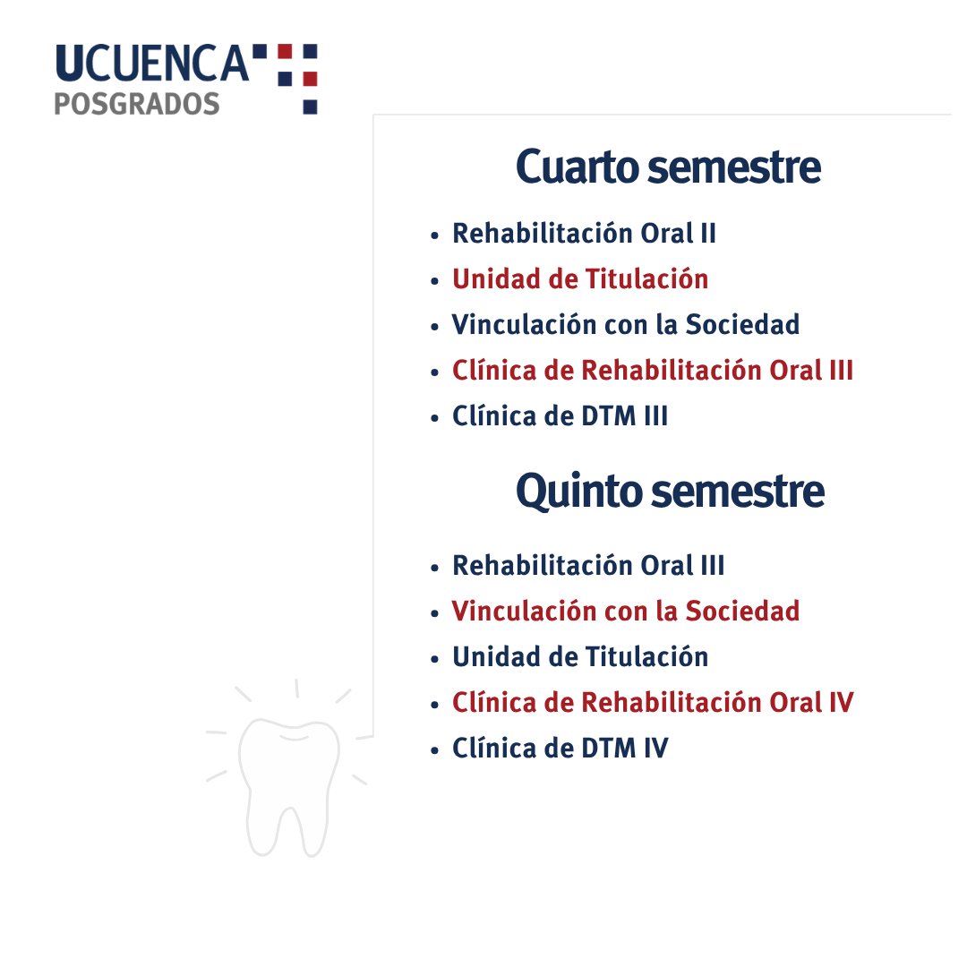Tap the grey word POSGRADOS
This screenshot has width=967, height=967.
[137, 104]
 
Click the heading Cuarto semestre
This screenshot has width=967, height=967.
[668, 167]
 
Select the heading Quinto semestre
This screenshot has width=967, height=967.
[670, 492]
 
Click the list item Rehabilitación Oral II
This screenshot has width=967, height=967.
[584, 234]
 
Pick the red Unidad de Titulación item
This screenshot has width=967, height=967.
[580, 279]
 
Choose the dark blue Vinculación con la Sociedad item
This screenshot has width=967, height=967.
[626, 325]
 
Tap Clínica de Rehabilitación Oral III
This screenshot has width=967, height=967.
[653, 371]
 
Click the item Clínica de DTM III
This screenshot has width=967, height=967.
[561, 416]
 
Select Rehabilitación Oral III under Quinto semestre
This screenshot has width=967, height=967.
[588, 566]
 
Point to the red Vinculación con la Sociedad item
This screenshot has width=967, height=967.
[626, 612]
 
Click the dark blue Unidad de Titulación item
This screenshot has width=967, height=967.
[580, 657]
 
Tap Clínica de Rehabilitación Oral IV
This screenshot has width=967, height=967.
[653, 703]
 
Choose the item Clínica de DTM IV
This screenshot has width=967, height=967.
[561, 749]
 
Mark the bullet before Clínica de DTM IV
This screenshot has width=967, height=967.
[435, 749]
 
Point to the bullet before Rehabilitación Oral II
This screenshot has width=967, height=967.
[435, 235]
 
